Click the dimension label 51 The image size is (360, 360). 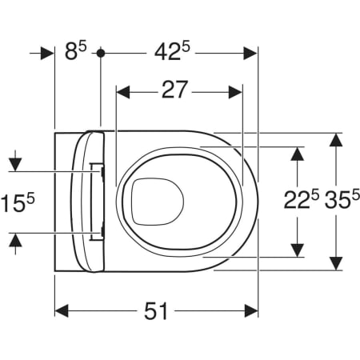point(156,311)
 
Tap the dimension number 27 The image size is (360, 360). point(174,90)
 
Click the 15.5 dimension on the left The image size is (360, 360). point(18,202)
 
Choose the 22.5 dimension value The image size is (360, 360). point(302,199)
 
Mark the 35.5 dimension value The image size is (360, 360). point(342,199)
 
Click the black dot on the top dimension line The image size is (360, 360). point(101,53)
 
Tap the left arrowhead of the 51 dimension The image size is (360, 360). point(62,311)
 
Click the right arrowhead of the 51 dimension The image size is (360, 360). point(251,311)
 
